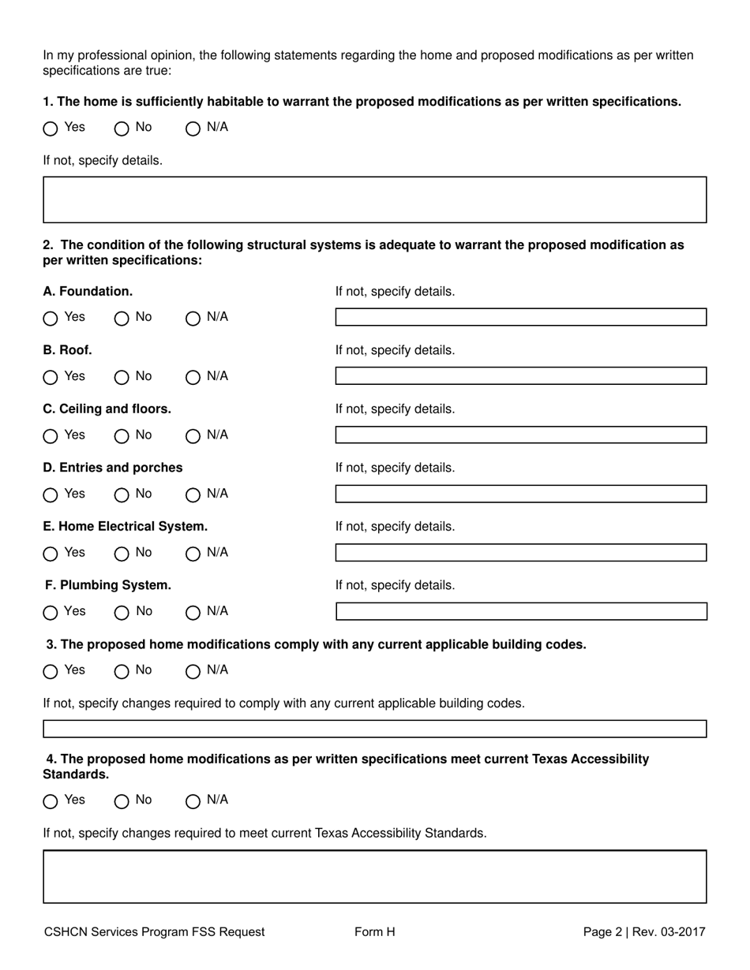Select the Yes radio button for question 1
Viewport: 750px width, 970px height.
pos(51,129)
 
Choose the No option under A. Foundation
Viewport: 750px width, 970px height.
pos(122,319)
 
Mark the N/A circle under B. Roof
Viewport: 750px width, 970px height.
pos(193,378)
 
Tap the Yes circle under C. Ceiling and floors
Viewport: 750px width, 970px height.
pos(51,436)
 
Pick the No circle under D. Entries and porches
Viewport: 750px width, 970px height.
pos(122,495)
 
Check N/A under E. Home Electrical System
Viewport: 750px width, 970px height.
pos(193,554)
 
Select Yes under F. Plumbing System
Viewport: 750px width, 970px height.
pos(51,613)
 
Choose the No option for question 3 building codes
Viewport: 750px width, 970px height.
pos(122,671)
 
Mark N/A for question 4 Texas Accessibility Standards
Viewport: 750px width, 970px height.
pos(193,801)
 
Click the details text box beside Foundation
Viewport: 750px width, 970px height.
pos(520,317)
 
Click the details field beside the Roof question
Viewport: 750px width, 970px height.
pos(520,376)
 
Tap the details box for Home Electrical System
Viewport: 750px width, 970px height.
pos(520,552)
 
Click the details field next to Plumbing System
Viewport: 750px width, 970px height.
pos(520,611)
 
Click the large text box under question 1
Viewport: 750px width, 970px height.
pos(374,200)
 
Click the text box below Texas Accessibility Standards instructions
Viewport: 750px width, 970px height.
pos(374,876)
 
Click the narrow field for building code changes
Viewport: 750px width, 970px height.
pos(374,729)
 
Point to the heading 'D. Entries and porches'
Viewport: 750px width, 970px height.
pos(113,468)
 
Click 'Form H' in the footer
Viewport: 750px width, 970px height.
pos(374,932)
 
